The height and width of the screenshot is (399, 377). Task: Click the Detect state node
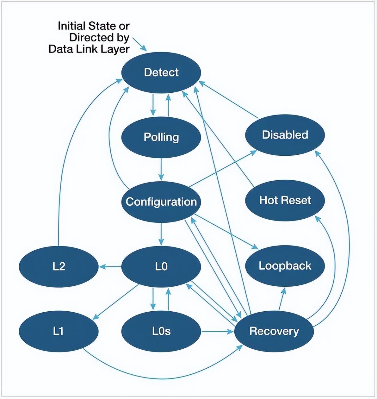click(161, 73)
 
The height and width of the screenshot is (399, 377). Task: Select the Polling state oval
click(161, 137)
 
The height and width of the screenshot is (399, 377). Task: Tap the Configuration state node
click(161, 202)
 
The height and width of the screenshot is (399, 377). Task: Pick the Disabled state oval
click(285, 135)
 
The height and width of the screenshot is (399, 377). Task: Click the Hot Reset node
click(285, 200)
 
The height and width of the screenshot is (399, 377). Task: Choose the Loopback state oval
click(285, 266)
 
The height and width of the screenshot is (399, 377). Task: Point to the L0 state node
click(161, 267)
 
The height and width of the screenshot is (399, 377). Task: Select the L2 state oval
click(59, 267)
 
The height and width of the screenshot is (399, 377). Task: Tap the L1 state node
click(59, 331)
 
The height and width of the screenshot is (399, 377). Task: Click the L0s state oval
click(161, 331)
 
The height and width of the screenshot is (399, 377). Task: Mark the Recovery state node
click(274, 331)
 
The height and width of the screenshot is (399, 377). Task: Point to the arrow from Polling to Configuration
click(161, 169)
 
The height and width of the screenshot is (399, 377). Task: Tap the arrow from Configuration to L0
click(161, 234)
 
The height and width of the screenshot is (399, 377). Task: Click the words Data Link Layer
click(89, 49)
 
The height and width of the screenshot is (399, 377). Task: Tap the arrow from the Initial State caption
click(139, 44)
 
